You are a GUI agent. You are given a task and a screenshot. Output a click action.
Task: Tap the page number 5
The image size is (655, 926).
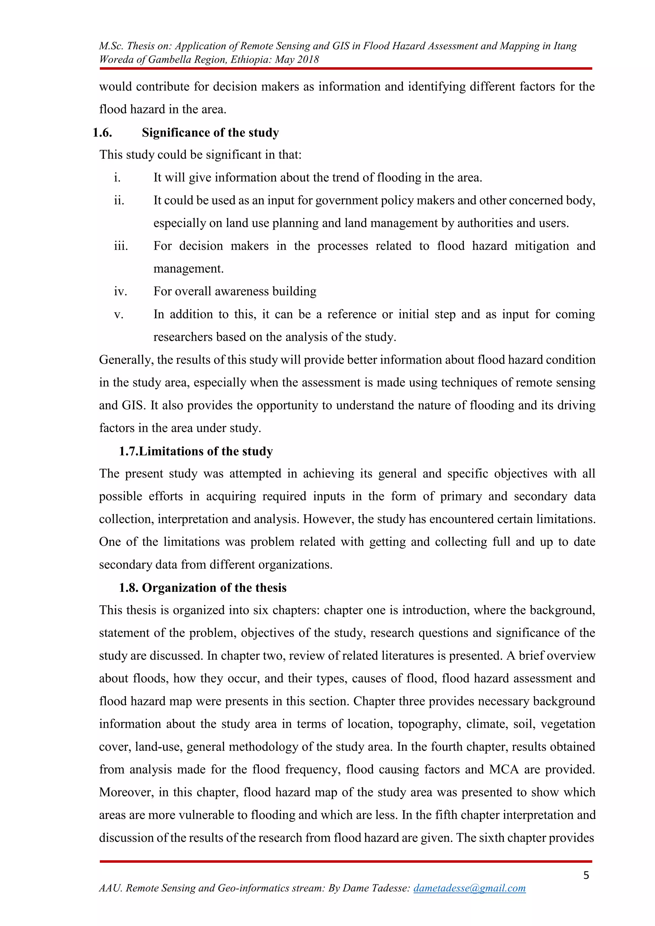(x=586, y=875)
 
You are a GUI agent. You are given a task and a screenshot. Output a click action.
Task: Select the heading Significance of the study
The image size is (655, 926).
(x=210, y=133)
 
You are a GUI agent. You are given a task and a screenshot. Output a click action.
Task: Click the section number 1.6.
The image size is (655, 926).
(x=102, y=133)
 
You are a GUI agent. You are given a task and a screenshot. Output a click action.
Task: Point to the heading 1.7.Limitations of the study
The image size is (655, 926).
(x=196, y=451)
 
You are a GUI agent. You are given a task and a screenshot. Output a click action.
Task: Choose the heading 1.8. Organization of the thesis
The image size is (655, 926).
(x=202, y=588)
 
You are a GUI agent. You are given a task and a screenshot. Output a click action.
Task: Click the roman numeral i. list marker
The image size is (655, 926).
(x=117, y=178)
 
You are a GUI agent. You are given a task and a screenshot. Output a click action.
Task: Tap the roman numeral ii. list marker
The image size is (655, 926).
(x=119, y=200)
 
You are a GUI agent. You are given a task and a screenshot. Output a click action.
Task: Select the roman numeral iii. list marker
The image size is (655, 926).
(x=121, y=246)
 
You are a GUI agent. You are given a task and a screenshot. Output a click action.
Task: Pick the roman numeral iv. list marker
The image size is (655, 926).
(x=120, y=292)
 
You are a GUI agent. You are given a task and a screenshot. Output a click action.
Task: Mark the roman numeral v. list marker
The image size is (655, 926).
(x=119, y=315)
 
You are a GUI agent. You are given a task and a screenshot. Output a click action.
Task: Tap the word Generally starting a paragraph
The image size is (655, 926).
(x=126, y=360)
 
